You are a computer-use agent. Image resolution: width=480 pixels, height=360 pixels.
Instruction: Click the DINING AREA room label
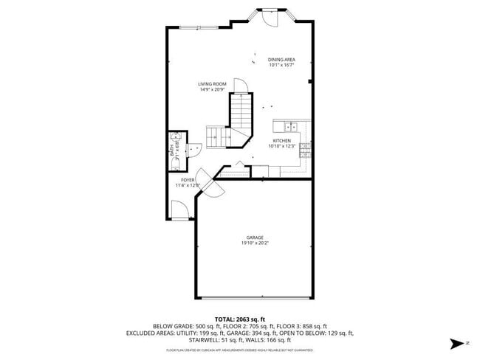[282, 60]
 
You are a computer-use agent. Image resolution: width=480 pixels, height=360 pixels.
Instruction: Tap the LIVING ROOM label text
[212, 84]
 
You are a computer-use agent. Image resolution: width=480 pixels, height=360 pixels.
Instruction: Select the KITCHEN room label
[282, 140]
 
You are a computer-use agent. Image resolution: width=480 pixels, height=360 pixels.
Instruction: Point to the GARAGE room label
[255, 238]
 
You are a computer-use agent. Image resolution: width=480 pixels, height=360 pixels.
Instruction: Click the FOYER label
[188, 179]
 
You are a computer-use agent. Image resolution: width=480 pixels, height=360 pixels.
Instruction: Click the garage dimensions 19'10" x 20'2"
[255, 243]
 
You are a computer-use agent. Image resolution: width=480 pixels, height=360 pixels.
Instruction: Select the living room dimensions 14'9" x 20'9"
[212, 89]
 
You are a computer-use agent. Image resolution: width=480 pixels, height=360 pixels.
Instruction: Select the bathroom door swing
[196, 150]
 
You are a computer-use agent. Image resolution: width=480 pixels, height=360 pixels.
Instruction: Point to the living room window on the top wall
[199, 27]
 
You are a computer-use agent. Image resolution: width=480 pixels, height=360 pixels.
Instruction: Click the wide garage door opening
[255, 298]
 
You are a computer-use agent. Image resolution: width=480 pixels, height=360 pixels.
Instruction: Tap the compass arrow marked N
[457, 343]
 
